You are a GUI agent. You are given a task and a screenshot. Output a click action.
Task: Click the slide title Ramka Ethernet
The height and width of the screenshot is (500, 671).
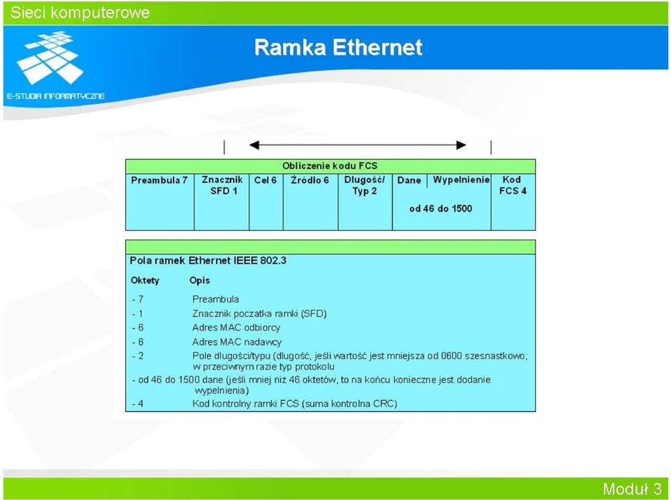(338, 47)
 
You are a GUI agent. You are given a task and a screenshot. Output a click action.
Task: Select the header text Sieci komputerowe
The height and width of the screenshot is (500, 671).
(80, 13)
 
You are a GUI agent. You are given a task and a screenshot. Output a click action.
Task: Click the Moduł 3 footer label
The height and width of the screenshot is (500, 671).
(632, 488)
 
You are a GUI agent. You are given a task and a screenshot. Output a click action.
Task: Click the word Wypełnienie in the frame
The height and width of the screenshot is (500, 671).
(461, 180)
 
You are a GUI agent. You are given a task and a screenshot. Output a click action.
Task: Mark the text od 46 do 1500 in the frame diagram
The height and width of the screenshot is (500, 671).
(440, 209)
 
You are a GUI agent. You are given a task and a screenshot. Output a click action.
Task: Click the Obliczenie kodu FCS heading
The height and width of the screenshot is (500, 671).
(329, 166)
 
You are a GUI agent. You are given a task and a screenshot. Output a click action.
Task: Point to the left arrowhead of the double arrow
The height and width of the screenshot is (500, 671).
(254, 145)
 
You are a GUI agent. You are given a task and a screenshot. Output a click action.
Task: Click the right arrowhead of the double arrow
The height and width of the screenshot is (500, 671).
(461, 145)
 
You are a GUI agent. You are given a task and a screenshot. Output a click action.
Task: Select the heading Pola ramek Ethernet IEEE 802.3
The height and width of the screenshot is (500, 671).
(208, 260)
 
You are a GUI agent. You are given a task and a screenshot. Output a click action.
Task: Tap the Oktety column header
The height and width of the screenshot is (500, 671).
(145, 281)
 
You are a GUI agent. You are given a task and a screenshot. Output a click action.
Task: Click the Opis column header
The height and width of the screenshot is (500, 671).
(199, 281)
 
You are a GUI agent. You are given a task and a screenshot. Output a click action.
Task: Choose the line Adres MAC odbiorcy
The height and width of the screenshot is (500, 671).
(236, 328)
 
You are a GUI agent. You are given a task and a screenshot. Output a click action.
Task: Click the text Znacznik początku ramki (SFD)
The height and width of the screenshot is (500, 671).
(259, 314)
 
